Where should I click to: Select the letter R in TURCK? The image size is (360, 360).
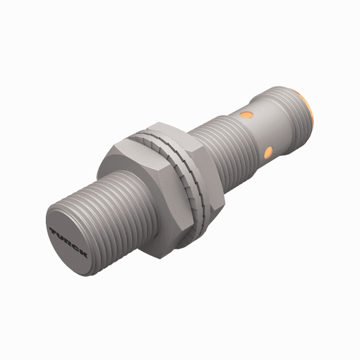coord(68,243)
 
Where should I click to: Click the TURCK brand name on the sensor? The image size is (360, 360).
coord(68,243)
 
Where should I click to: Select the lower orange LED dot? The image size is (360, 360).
coord(267,151)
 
